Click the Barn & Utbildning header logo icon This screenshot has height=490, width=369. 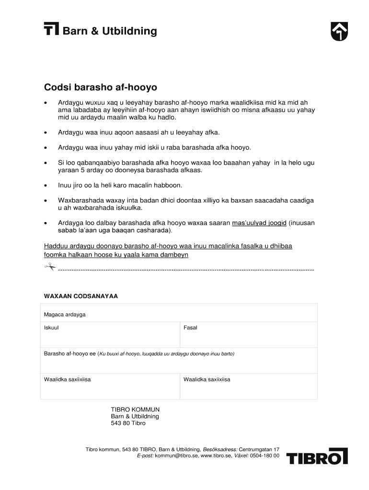click(51, 29)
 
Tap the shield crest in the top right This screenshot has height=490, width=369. click(339, 32)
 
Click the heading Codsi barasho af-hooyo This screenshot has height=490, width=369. click(101, 88)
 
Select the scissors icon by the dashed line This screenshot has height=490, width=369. click(50, 267)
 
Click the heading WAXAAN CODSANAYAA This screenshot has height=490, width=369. click(81, 296)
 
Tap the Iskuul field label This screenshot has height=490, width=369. click(52, 328)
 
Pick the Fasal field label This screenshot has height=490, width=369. click(190, 328)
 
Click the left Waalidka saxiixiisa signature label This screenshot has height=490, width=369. click(68, 379)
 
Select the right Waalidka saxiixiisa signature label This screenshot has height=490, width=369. click(207, 379)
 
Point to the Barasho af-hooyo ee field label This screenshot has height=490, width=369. click(70, 354)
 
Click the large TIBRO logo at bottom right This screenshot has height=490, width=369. click(317, 457)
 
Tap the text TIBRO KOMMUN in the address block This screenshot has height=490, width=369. click(135, 410)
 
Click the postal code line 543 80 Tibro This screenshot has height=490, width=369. click(128, 423)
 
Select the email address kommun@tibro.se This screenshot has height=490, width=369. click(175, 456)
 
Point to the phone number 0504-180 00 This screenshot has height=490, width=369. click(265, 456)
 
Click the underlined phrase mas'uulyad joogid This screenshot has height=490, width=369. click(259, 223)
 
